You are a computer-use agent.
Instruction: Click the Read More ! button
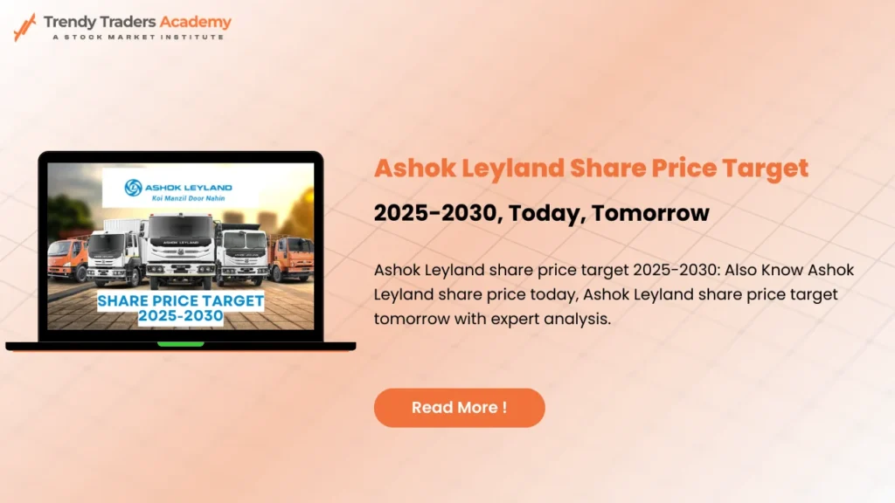459,408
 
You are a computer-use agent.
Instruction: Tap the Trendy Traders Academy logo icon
24,26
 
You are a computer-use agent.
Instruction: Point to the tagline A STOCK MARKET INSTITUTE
137,37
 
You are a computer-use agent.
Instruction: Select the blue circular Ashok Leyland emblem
134,187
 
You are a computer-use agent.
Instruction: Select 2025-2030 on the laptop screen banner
179,315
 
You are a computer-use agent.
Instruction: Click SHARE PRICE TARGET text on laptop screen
179,300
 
